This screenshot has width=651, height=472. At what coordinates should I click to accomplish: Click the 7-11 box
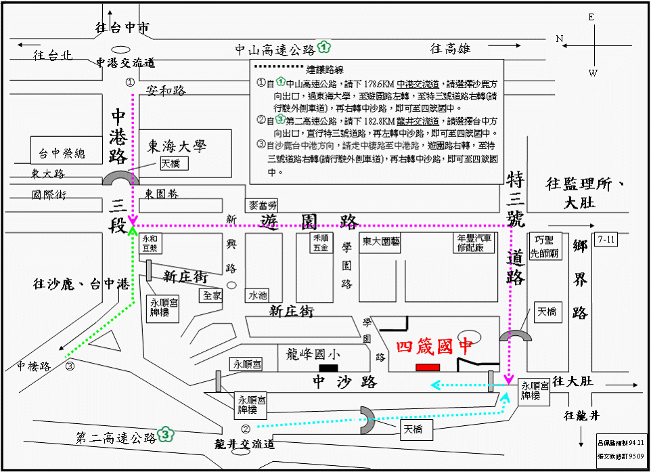607,240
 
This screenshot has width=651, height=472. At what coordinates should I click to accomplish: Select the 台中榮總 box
62,153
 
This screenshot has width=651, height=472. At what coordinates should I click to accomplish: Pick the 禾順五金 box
321,243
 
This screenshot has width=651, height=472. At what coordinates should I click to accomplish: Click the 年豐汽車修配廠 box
474,243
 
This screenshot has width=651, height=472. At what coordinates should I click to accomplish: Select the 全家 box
211,295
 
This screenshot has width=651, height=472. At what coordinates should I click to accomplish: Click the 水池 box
258,295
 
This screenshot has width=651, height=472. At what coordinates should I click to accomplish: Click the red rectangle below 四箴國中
428,366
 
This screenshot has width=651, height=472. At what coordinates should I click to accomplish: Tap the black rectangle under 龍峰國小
329,367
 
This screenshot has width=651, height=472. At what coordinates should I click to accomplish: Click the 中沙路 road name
344,382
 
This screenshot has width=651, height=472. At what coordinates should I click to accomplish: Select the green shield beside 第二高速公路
164,434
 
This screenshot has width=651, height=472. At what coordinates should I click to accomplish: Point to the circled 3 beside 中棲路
70,366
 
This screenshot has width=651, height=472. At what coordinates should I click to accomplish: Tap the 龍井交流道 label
243,445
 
